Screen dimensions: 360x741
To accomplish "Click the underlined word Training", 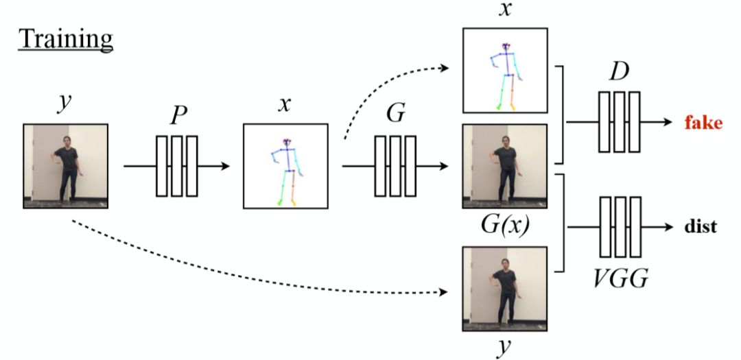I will click(65, 39).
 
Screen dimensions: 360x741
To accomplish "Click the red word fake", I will click(703, 124).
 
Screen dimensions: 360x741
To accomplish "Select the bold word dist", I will click(701, 226).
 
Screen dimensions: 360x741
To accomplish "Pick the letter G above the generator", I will click(395, 115).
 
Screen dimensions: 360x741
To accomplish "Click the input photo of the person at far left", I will click(65, 165).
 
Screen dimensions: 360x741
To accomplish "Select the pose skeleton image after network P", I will click(285, 165).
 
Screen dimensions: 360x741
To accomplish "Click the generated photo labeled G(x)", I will click(504, 166).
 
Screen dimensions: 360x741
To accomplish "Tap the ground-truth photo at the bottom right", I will click(504, 286).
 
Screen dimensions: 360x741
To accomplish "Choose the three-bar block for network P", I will click(177, 165).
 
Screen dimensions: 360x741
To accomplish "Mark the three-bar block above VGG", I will click(620, 226).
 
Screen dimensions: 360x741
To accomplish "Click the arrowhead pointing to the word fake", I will click(667, 122).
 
